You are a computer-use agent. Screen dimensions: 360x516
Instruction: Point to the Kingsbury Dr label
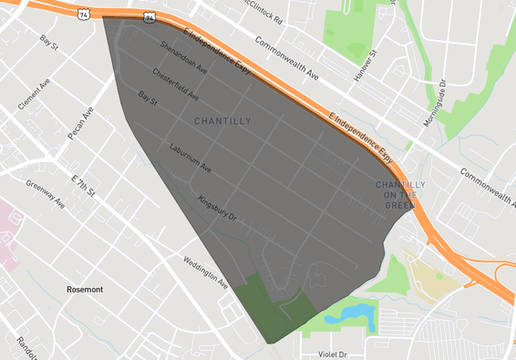[217, 211]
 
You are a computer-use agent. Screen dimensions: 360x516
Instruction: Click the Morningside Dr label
[438, 108]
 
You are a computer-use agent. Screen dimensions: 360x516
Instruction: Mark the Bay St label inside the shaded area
[148, 96]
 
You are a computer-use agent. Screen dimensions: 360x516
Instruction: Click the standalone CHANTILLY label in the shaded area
[222, 120]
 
